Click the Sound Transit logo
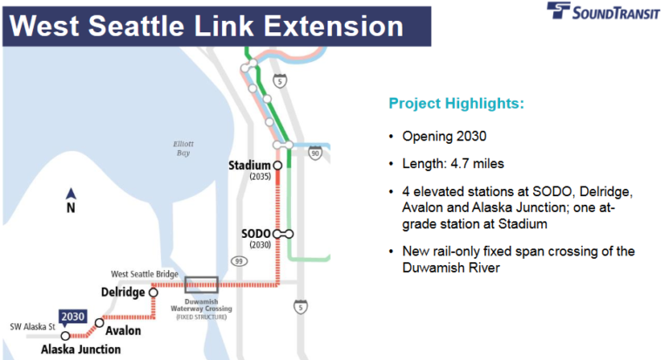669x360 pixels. pyautogui.click(x=603, y=11)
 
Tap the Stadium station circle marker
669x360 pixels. pyautogui.click(x=277, y=166)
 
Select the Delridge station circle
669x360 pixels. pyautogui.click(x=153, y=293)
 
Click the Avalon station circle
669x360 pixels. pyautogui.click(x=99, y=323)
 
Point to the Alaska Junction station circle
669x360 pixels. pyautogui.click(x=65, y=336)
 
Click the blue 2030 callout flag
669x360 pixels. pyautogui.click(x=72, y=317)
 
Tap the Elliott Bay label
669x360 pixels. pyautogui.click(x=184, y=148)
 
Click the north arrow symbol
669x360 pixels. pyautogui.click(x=71, y=194)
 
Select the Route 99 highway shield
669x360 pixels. pyautogui.click(x=239, y=261)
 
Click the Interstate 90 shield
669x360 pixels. pyautogui.click(x=314, y=153)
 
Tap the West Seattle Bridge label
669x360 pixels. pyautogui.click(x=145, y=275)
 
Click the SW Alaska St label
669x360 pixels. pyautogui.click(x=32, y=327)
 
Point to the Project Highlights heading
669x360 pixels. pyautogui.click(x=456, y=104)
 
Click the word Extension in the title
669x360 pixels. pyautogui.click(x=334, y=26)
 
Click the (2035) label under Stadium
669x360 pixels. pyautogui.click(x=260, y=176)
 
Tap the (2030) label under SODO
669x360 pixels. pyautogui.click(x=260, y=245)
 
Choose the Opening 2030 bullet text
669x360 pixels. pyautogui.click(x=444, y=136)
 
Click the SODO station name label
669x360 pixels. pyautogui.click(x=256, y=234)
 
